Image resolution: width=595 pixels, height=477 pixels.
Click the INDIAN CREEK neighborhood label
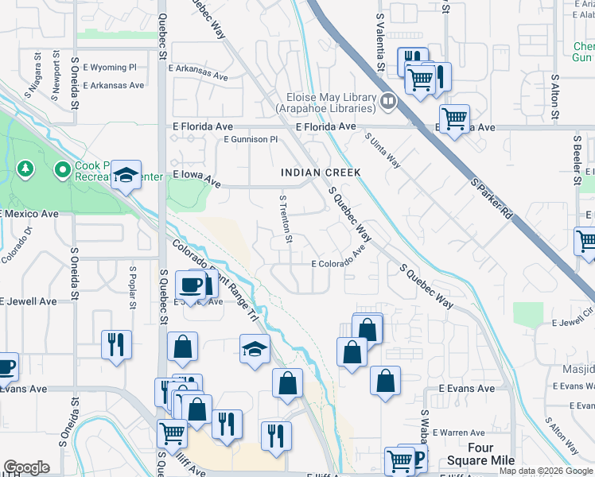[x=321, y=173]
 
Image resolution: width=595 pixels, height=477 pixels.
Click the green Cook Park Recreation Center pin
[x=62, y=169]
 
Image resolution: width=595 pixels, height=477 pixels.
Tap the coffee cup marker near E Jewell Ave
[x=190, y=285]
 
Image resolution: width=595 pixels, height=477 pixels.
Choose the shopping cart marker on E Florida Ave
[x=454, y=119]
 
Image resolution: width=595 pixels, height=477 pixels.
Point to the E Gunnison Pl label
[x=251, y=139]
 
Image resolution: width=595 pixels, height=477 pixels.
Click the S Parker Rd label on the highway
[x=489, y=198]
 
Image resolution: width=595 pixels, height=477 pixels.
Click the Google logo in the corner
[x=26, y=467]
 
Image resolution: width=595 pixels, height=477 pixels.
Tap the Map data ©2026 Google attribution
[x=545, y=471]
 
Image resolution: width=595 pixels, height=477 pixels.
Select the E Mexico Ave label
[x=29, y=214]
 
